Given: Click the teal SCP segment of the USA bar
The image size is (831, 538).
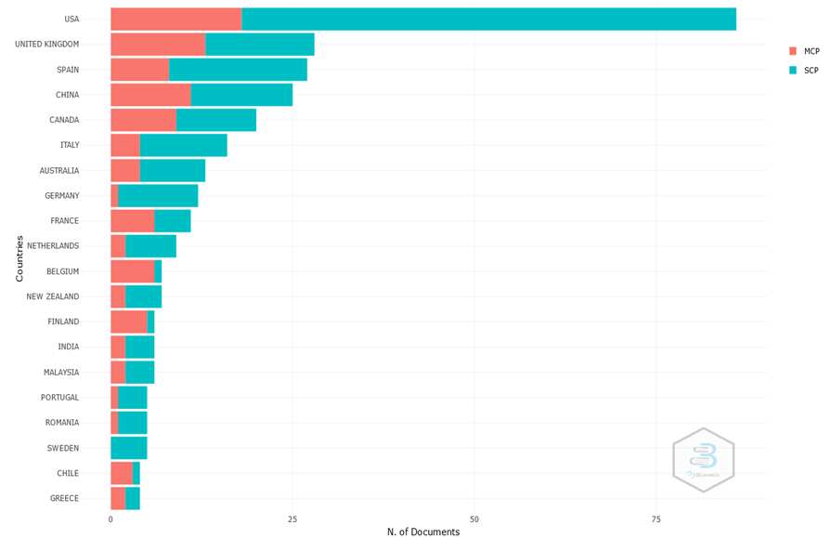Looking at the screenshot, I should [x=488, y=20].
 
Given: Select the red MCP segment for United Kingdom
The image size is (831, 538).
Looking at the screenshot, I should [x=158, y=45].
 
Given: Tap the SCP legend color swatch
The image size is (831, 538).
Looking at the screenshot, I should [x=793, y=70].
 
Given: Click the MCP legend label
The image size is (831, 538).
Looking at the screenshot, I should [x=812, y=51].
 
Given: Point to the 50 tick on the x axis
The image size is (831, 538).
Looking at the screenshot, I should [x=474, y=518].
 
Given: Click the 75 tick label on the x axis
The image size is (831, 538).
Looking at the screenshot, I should [x=656, y=518].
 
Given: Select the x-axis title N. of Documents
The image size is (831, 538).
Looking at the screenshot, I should [x=422, y=531].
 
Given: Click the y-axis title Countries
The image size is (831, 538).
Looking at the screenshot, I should [x=19, y=258].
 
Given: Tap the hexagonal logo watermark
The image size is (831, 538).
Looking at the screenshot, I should [x=703, y=460].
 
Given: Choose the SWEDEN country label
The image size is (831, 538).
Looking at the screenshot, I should [x=63, y=448].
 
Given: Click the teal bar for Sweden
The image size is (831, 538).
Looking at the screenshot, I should [x=128, y=448].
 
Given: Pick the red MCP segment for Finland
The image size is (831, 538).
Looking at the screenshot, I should [x=128, y=321].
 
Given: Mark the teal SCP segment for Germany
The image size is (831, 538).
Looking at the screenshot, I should [x=158, y=196].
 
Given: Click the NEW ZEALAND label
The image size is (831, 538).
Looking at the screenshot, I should [x=52, y=296].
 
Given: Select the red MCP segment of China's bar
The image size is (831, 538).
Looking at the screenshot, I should [x=150, y=95].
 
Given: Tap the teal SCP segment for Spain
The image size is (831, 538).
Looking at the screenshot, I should [x=238, y=70].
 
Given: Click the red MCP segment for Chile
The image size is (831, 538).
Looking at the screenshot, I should [x=121, y=473].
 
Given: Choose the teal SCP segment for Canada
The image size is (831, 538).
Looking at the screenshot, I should [x=215, y=120].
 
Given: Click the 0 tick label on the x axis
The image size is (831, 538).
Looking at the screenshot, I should [x=110, y=518].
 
